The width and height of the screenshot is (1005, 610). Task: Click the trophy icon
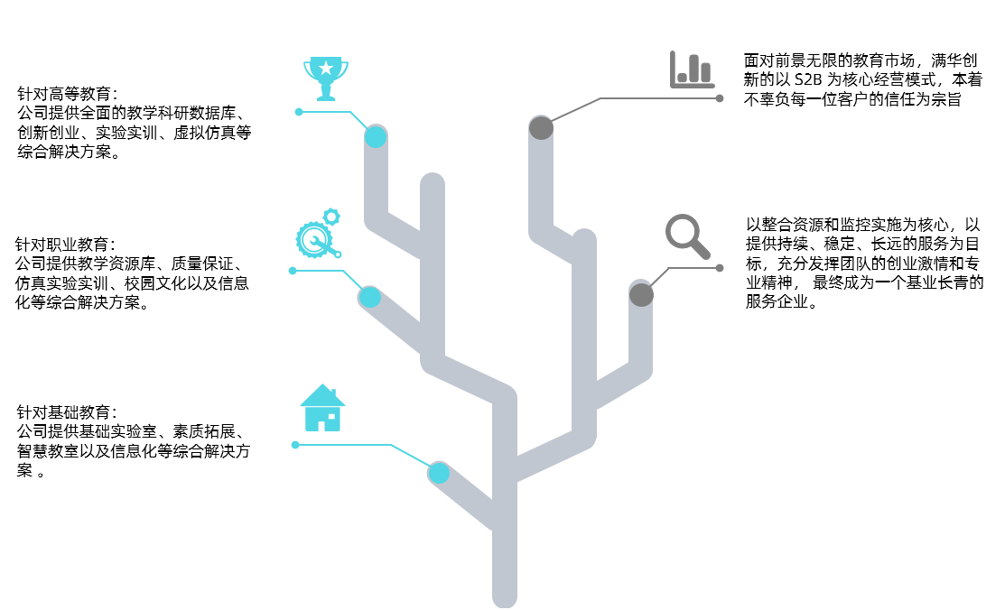coord(326,79)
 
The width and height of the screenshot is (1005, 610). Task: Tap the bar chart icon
coord(692,69)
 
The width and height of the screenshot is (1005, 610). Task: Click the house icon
coord(322,408)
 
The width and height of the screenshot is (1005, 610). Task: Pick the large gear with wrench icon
coord(315,240)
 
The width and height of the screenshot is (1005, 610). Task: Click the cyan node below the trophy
coord(376,136)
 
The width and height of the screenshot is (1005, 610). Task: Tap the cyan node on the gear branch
coord(369,296)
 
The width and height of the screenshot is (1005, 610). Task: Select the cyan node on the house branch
coord(439,472)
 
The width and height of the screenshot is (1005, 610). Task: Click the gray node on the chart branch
coord(541,128)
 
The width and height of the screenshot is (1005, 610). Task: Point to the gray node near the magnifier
coord(641,294)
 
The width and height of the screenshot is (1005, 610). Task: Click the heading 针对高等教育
coord(66,94)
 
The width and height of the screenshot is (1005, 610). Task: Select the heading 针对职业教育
coord(64,245)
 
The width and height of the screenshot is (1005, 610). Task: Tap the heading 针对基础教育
coord(66,411)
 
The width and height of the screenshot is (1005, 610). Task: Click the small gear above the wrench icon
coord(331,217)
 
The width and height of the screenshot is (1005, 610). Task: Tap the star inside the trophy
coord(325,67)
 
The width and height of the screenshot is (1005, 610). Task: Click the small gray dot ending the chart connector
coord(720,97)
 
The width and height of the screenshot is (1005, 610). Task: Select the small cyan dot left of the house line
coord(295,445)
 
